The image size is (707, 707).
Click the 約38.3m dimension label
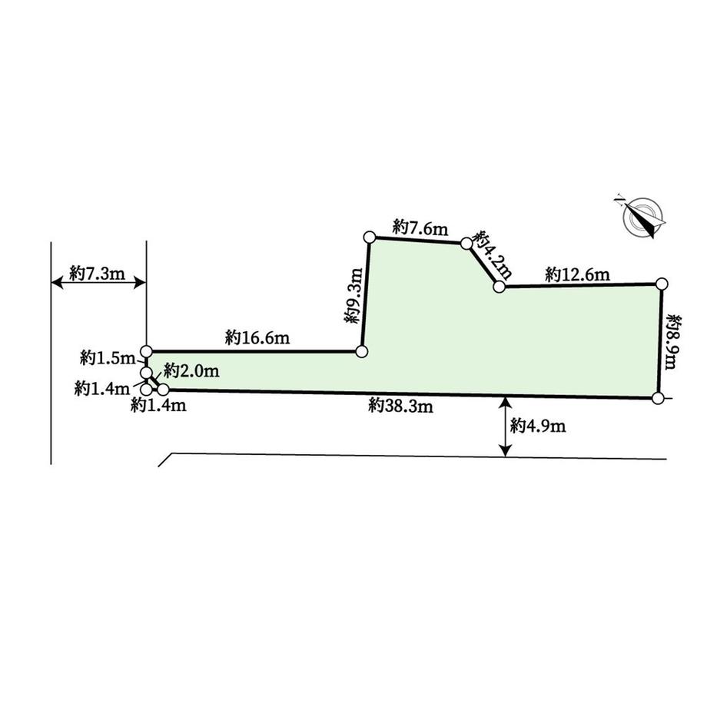click(x=400, y=406)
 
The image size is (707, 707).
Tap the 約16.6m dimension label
click(x=257, y=337)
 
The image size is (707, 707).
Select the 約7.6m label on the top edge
click(x=420, y=227)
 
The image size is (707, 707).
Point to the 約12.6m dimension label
click(x=577, y=274)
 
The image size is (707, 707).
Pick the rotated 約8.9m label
click(x=673, y=342)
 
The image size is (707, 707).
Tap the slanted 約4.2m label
click(x=493, y=255)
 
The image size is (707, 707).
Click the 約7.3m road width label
click(x=97, y=273)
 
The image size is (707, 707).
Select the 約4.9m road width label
click(x=538, y=425)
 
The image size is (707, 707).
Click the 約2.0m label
click(x=191, y=370)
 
